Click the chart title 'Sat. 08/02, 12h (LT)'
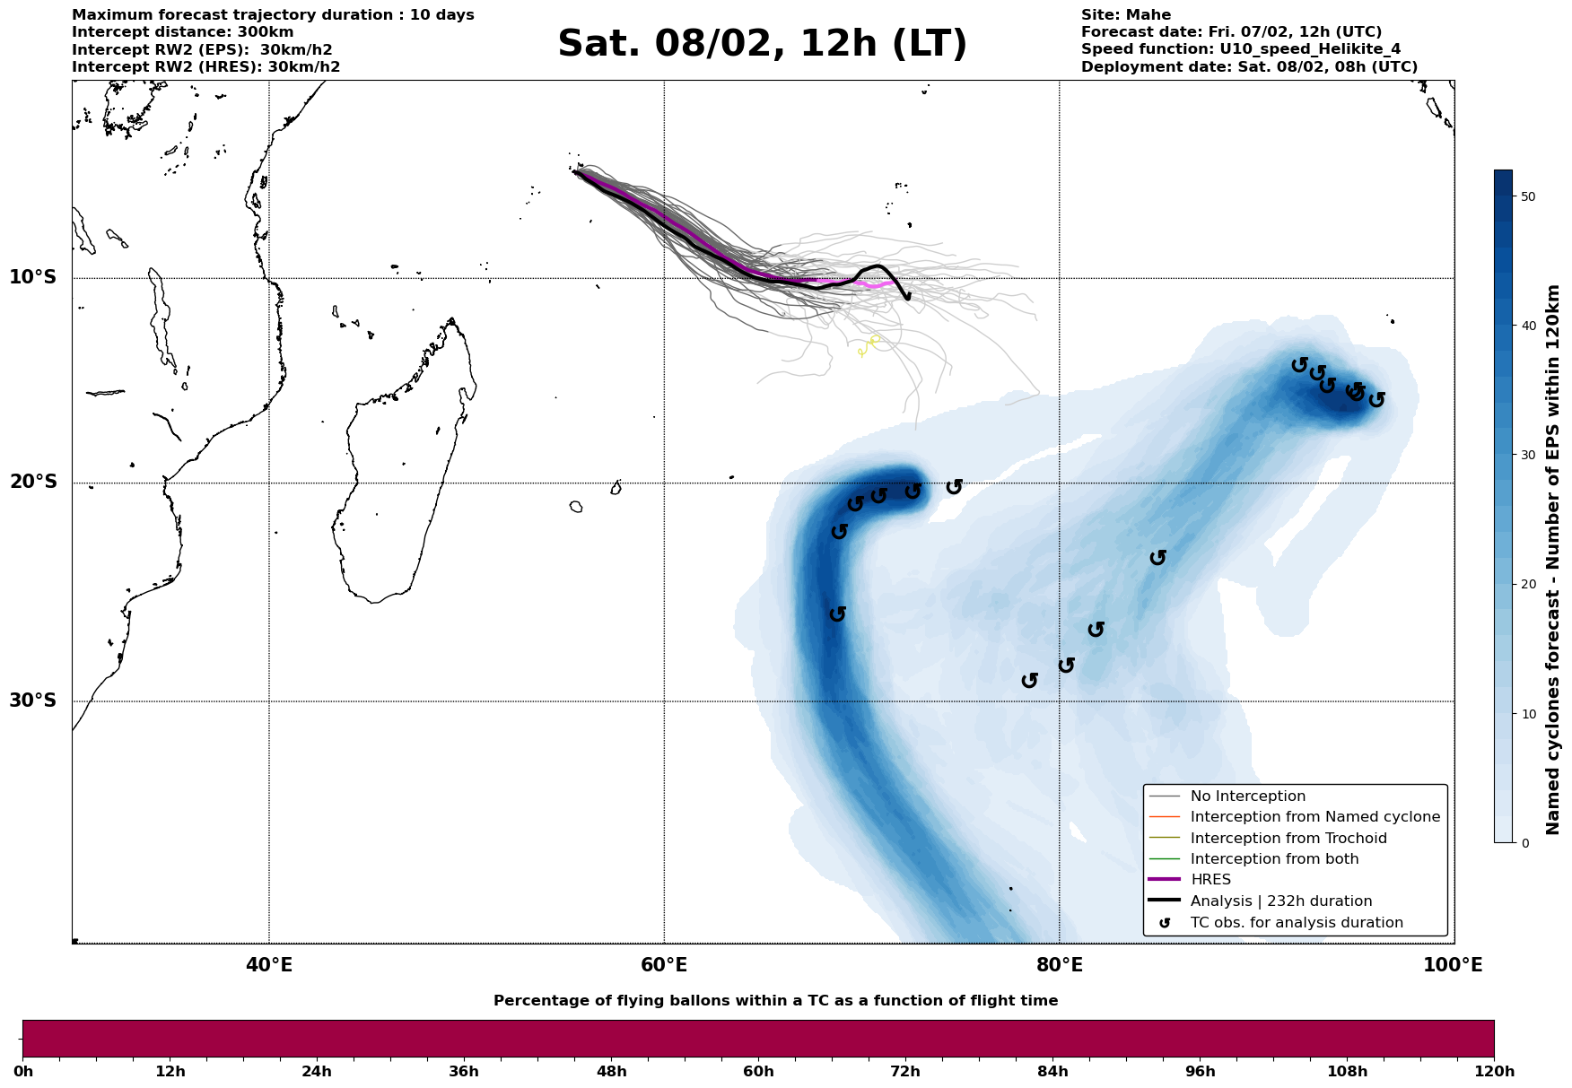762,44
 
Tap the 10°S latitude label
32,277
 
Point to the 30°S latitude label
32,701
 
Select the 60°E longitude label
664,965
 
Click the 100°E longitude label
1453,965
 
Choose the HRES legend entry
1210,880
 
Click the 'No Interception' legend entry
1247,796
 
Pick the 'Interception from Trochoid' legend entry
1288,839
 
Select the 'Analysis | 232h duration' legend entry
1280,901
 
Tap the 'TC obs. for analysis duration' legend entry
1296,923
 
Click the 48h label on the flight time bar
611,1072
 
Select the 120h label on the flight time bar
1494,1072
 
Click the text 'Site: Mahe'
1125,15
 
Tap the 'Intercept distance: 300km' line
182,32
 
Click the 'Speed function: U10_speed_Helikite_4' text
1240,49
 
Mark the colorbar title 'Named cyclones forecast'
1553,560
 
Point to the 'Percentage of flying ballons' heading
775,1001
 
